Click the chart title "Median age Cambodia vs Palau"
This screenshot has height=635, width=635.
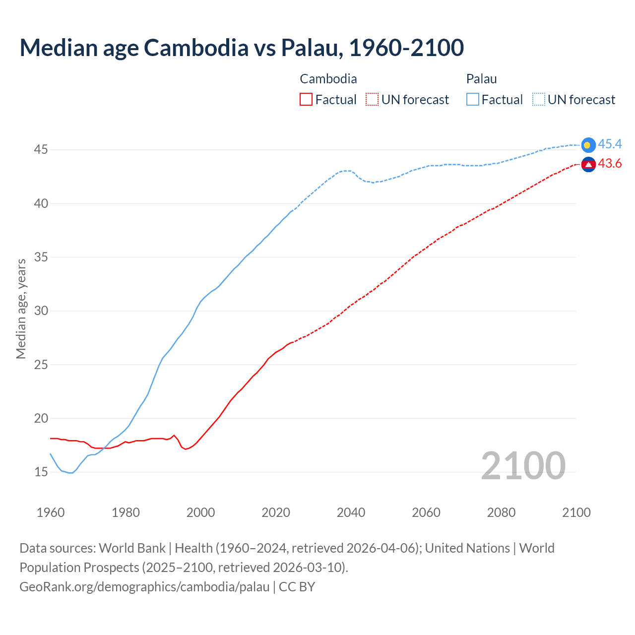(x=242, y=48)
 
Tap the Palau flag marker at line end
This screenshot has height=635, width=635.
(x=588, y=145)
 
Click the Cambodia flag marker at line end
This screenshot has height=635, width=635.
(x=588, y=164)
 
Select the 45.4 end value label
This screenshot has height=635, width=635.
(x=610, y=144)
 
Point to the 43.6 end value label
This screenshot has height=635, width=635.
(x=610, y=164)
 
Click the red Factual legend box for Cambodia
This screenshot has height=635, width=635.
(x=306, y=100)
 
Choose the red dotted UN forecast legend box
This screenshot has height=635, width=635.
(x=372, y=100)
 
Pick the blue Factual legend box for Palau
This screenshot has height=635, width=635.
(x=473, y=100)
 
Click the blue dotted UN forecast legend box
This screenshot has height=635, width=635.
(x=539, y=100)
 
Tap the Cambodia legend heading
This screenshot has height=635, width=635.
(x=328, y=79)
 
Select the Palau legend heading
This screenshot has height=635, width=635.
(x=481, y=79)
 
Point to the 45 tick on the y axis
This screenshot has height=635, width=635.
(x=41, y=150)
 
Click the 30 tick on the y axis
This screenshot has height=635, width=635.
(x=41, y=311)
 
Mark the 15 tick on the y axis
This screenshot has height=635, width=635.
(x=41, y=472)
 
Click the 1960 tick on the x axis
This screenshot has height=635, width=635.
(x=51, y=512)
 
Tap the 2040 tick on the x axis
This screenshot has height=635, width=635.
(x=351, y=512)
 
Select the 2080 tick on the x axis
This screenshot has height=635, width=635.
(x=501, y=512)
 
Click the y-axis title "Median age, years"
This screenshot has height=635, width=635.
(x=21, y=309)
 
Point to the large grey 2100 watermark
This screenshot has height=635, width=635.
(x=523, y=466)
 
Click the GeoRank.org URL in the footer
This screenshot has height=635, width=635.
(x=144, y=587)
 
